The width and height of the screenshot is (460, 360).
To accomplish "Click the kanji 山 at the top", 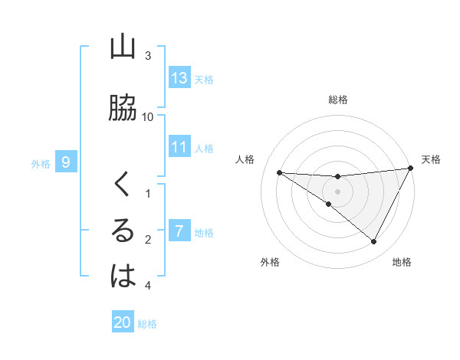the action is pyautogui.click(x=123, y=47).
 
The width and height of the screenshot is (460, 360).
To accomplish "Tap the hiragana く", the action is pyautogui.click(x=123, y=185).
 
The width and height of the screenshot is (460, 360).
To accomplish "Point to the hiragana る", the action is pyautogui.click(x=123, y=231).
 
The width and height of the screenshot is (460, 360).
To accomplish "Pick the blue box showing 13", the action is pyautogui.click(x=179, y=78).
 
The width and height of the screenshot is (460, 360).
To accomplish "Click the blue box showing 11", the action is pyautogui.click(x=179, y=147).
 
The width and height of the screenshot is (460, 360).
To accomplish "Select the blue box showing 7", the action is pyautogui.click(x=179, y=231).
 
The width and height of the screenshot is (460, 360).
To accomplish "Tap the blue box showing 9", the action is pyautogui.click(x=67, y=162).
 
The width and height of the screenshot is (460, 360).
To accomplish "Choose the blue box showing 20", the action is pyautogui.click(x=123, y=322).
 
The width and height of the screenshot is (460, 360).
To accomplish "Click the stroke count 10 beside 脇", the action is pyautogui.click(x=148, y=116).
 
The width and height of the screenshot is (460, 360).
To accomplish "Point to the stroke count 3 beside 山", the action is pyautogui.click(x=148, y=55).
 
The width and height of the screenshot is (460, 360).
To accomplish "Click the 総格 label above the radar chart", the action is pyautogui.click(x=338, y=100).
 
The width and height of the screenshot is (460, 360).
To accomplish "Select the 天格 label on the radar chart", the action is pyautogui.click(x=432, y=159).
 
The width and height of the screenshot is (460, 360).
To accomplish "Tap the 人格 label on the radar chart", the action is pyautogui.click(x=246, y=159).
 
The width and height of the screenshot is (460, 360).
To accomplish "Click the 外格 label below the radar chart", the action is pyautogui.click(x=270, y=262).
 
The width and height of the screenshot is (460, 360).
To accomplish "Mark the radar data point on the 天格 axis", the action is pyautogui.click(x=412, y=168).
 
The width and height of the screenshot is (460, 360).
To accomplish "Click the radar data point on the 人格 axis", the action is pyautogui.click(x=280, y=172).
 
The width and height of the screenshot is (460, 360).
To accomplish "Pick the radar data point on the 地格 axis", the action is pyautogui.click(x=374, y=242).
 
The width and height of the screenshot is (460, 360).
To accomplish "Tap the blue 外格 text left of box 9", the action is pyautogui.click(x=40, y=163).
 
